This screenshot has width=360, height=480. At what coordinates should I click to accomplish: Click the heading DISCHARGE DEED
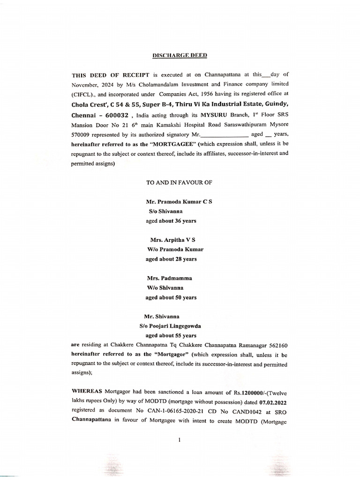click(x=180, y=55)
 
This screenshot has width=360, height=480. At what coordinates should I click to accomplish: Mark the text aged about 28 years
click(x=171, y=259)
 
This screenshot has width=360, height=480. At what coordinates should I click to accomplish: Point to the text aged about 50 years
click(x=171, y=297)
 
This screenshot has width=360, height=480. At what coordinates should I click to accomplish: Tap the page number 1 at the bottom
click(x=180, y=440)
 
